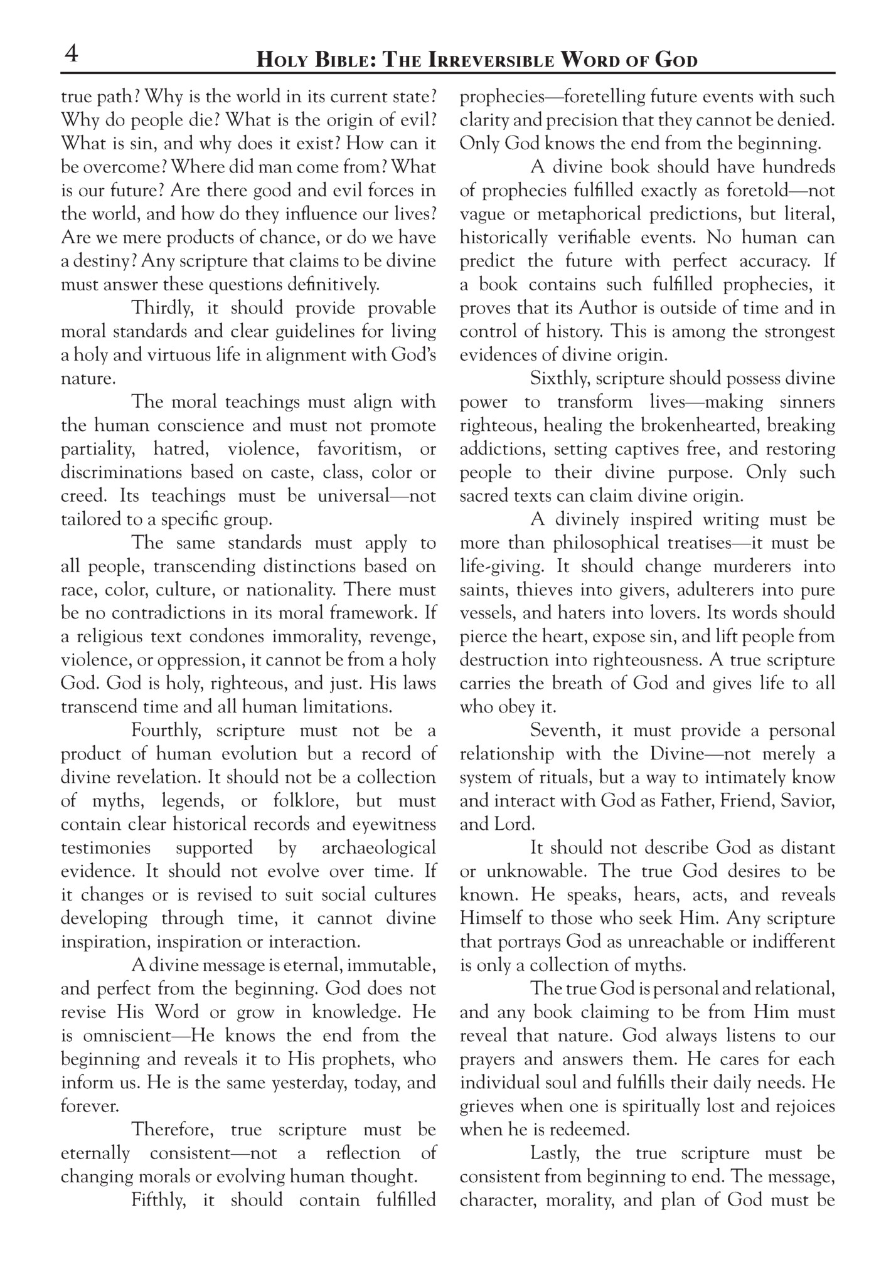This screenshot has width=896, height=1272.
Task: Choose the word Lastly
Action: (x=557, y=1153)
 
